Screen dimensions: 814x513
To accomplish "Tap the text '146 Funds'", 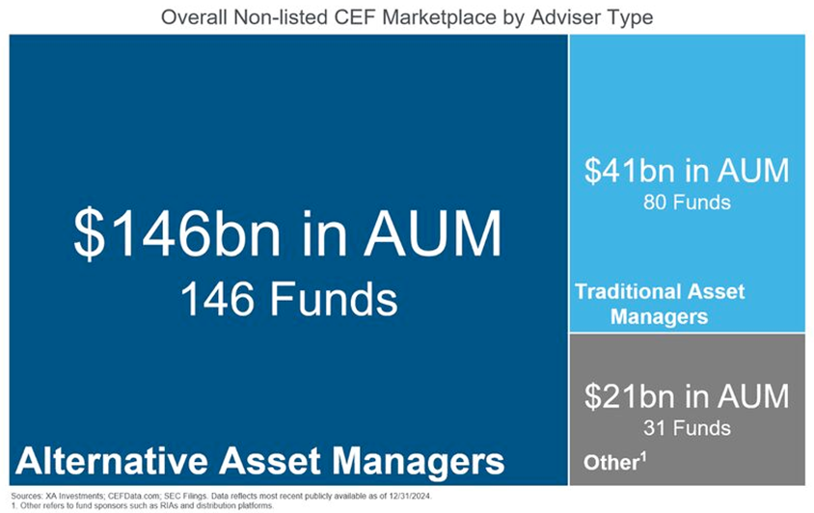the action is [x=289, y=299].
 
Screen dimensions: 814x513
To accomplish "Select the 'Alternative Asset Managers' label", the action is [x=260, y=461].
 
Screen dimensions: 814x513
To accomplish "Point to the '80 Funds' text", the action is [x=687, y=202].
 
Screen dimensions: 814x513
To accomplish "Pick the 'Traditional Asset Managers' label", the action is [x=660, y=304].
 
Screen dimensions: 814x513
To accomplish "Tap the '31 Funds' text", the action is [x=687, y=428].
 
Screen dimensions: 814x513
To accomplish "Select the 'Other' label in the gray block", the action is [x=611, y=462].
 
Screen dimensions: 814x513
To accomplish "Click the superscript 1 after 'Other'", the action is [x=643, y=457].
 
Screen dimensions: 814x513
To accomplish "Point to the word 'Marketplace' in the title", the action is [x=439, y=17].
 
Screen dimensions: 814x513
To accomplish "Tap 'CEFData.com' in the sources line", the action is [x=134, y=496].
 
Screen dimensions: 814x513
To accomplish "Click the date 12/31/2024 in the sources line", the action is [x=410, y=496].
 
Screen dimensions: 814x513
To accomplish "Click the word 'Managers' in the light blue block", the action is [x=660, y=316].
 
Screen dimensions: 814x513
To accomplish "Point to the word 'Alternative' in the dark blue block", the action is [x=112, y=461].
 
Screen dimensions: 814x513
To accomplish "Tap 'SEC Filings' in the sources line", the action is [x=184, y=496].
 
